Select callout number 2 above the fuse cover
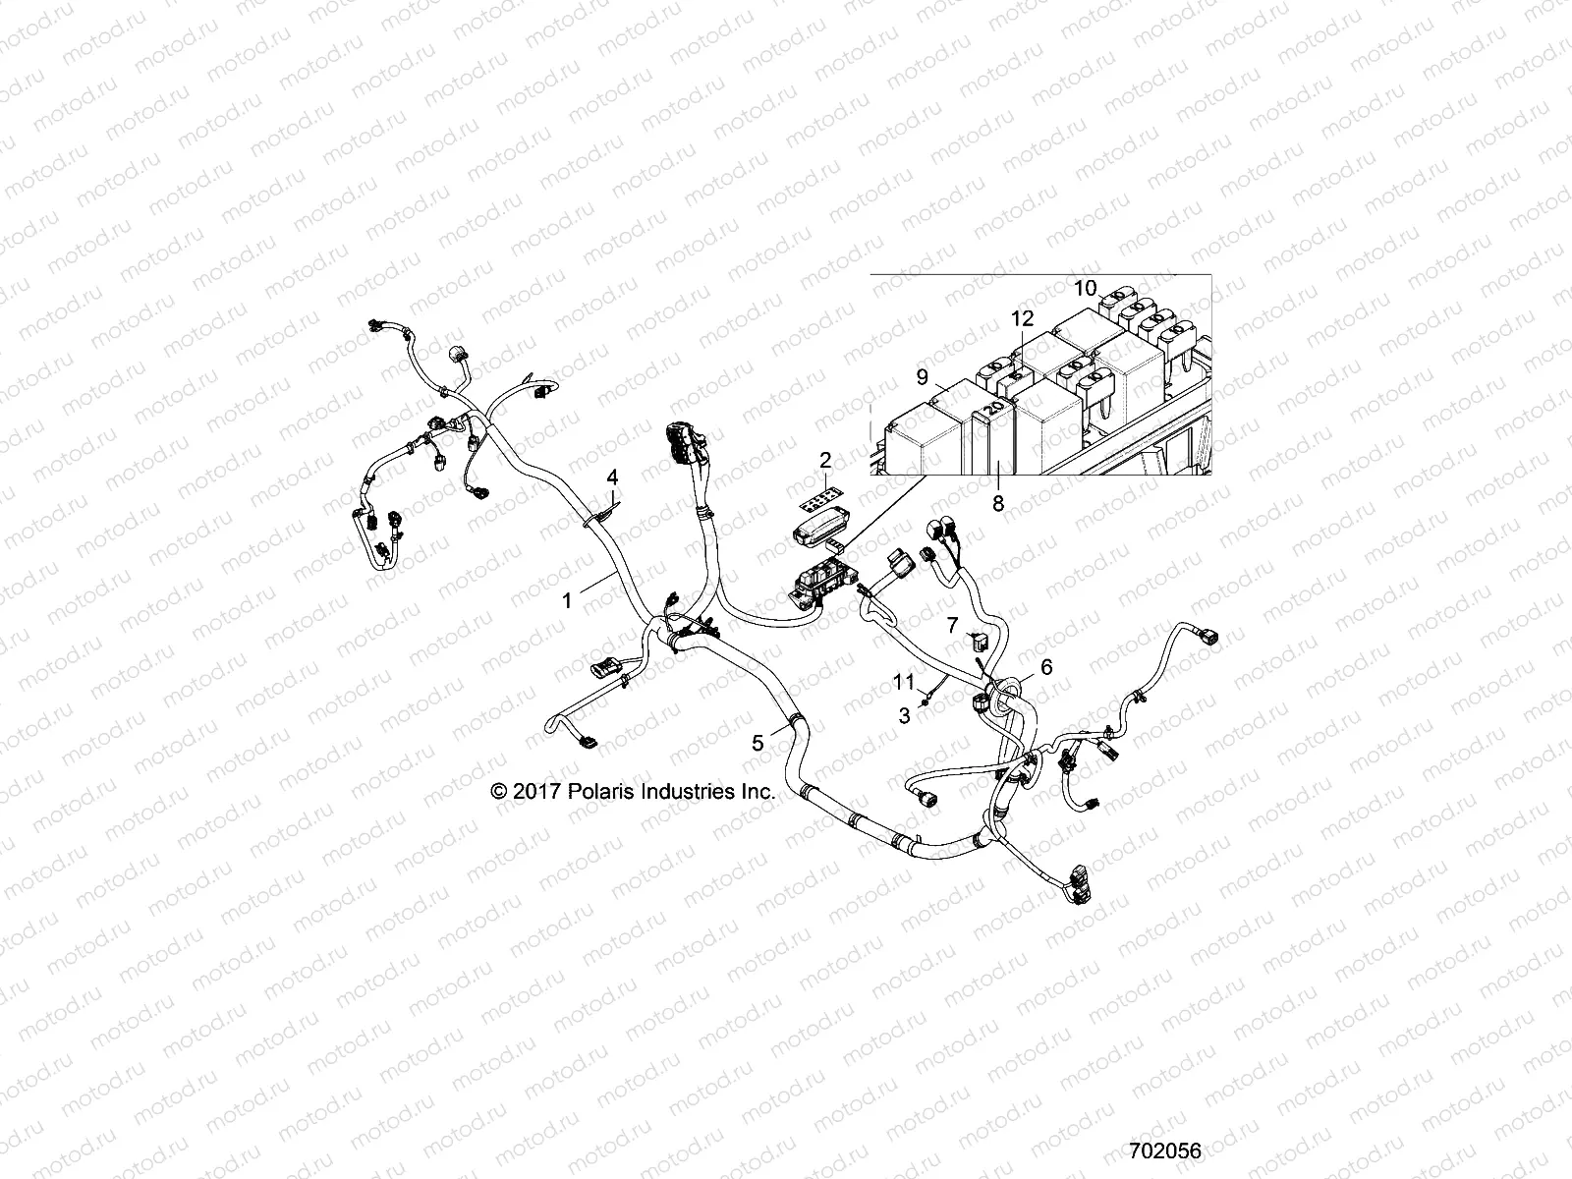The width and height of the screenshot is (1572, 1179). pos(825,460)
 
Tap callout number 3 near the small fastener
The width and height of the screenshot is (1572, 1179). pos(905,716)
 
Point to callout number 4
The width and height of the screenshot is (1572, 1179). pos(612,477)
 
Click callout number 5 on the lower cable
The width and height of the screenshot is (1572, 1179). pos(758,744)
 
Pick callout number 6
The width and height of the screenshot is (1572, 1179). pos(1046,667)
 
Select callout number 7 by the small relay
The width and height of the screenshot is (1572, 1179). pos(952,625)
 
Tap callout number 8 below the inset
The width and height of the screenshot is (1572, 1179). pos(998,504)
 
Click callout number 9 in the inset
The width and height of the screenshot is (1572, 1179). pos(922,376)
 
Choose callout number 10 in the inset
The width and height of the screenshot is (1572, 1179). pos(1085,288)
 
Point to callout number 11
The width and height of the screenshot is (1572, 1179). pos(904,681)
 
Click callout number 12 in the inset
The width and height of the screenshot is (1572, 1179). pos(1023,319)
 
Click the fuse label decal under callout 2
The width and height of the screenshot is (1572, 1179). pos(822,504)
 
